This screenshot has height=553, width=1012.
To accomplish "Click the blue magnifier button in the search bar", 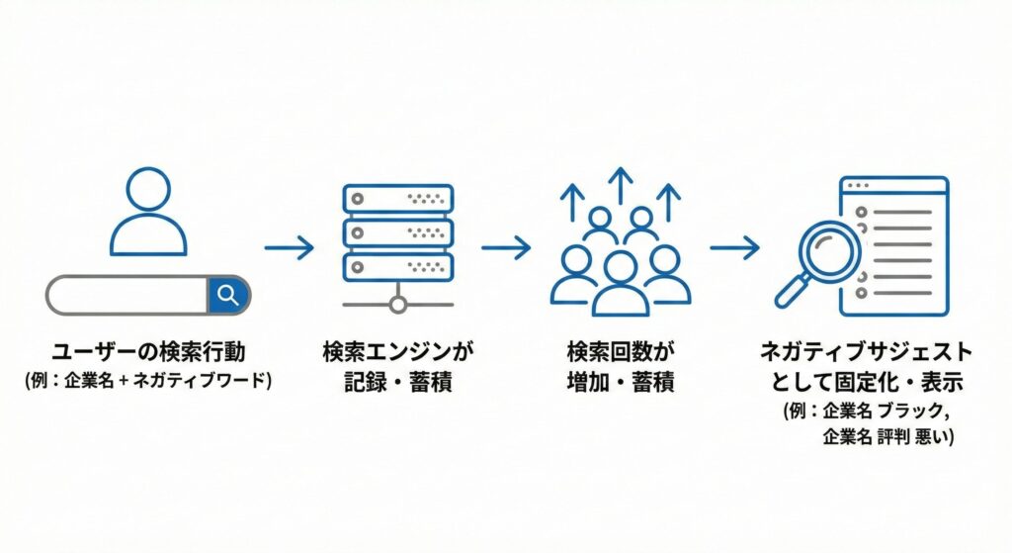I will tap(228, 295).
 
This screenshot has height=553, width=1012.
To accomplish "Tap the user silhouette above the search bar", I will tap(149, 211).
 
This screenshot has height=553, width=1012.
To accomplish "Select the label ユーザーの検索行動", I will tap(148, 354).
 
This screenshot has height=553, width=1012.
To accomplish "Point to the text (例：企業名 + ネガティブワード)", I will tap(148, 380).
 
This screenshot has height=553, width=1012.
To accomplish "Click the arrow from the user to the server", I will tap(290, 247).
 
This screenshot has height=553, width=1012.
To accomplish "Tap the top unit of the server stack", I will tap(397, 199).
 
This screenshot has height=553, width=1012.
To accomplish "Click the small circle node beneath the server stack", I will tap(397, 305).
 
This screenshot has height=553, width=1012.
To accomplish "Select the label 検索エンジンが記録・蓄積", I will tap(397, 367).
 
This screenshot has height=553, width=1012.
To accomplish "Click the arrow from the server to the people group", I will tap(506, 247).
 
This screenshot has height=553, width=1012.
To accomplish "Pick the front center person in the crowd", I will tap(620, 282).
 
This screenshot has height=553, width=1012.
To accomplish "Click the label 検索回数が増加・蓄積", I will tap(620, 367).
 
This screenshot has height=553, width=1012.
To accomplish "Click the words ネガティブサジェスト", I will tap(866, 353).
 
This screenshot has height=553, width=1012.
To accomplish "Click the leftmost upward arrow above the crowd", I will tap(571, 203).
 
